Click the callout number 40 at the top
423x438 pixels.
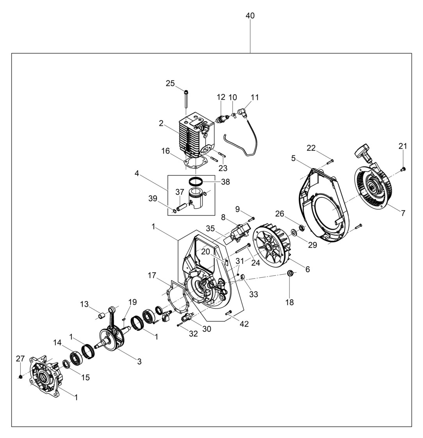pos(250,16)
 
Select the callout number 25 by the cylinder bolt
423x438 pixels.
pos(170,83)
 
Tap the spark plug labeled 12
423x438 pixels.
pos(222,118)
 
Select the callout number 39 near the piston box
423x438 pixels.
pos(153,199)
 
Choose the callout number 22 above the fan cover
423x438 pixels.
pos(311,148)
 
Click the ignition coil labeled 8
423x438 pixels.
pos(239,233)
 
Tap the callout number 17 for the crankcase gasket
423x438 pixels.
pos(152,275)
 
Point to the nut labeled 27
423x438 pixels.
pos(20,376)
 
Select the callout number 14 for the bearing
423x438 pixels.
pos(57,343)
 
